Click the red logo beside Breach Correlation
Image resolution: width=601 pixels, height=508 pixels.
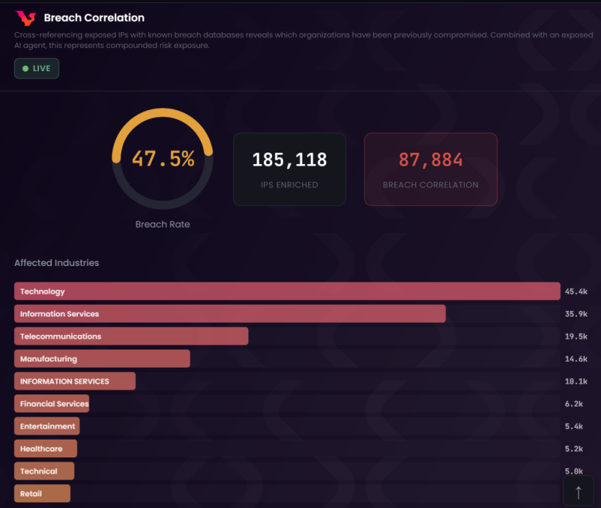(25, 18)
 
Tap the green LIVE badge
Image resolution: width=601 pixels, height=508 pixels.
(37, 68)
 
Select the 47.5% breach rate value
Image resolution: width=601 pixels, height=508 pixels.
(163, 159)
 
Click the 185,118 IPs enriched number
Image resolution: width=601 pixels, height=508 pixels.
(289, 160)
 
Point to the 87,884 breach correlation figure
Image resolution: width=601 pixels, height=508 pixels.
(431, 160)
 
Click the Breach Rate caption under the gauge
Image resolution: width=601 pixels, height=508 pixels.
(163, 224)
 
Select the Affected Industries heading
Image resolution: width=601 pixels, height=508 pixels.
(57, 263)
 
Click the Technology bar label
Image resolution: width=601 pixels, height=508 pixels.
(42, 291)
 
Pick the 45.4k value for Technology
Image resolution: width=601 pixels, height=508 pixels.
(576, 291)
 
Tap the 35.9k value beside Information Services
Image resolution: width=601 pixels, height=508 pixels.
(576, 314)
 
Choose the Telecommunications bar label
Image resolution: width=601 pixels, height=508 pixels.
(60, 336)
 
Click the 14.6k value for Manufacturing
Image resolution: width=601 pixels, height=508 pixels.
(576, 359)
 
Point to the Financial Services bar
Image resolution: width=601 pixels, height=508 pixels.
(54, 404)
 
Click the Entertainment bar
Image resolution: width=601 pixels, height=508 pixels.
(47, 427)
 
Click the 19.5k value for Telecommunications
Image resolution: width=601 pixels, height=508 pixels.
(576, 336)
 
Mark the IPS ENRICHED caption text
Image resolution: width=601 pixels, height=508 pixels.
(289, 185)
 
